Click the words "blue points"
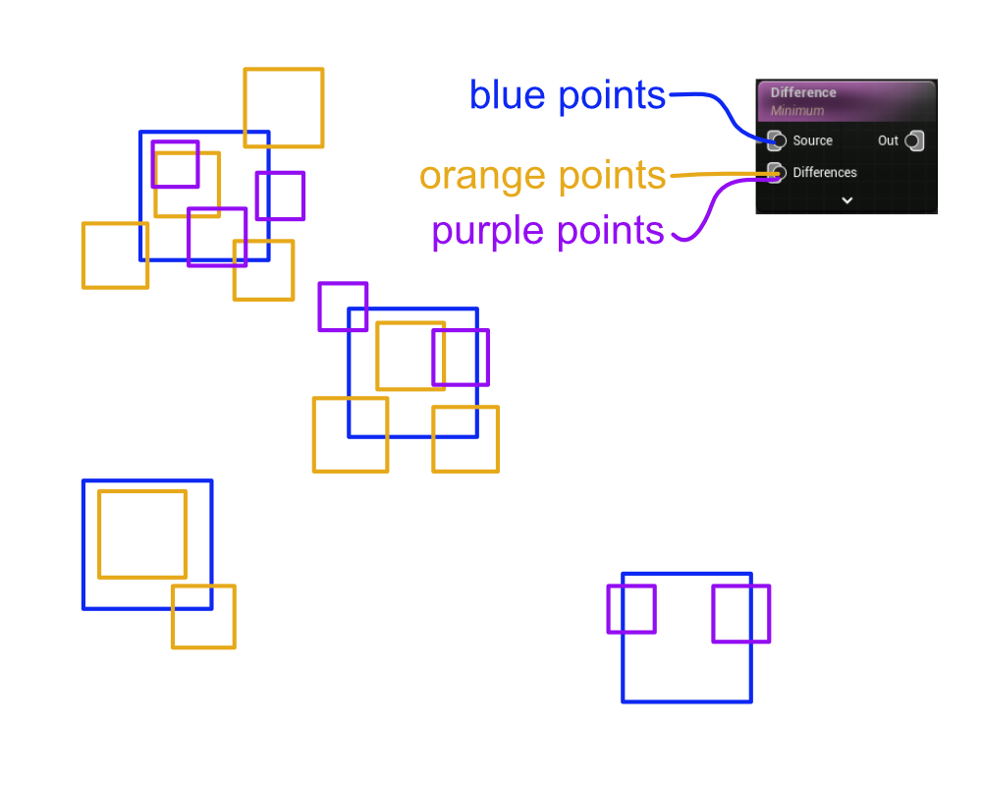coord(567,95)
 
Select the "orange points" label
coord(542,176)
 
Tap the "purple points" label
coord(547,231)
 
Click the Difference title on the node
coord(803,92)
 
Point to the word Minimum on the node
coord(796,111)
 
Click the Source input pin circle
coord(776,140)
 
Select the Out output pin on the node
coord(913,140)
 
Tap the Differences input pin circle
coord(776,173)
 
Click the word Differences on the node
coord(825,173)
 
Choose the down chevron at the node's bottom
coord(846,199)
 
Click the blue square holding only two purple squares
coord(686,678)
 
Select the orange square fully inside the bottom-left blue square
coord(142,533)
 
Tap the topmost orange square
coord(284,107)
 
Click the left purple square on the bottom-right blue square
coord(631,609)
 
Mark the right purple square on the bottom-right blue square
coord(740,614)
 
